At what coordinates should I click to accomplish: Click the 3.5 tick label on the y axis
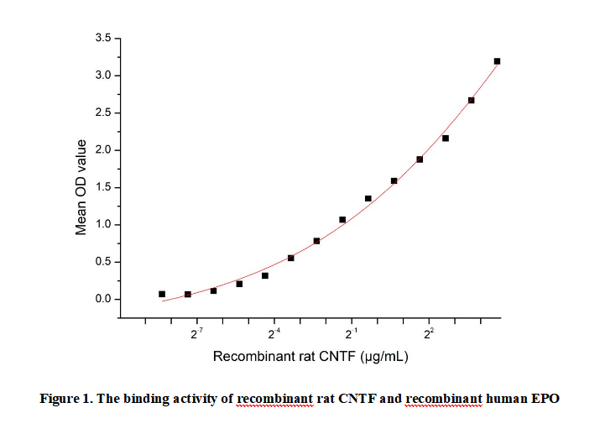pyautogui.click(x=101, y=39)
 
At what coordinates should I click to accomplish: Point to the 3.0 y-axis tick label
pyautogui.click(x=101, y=76)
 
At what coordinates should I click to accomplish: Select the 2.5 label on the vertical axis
pyautogui.click(x=101, y=113)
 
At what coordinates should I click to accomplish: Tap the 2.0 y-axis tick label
pyautogui.click(x=101, y=150)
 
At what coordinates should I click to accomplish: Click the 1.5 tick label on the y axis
pyautogui.click(x=101, y=188)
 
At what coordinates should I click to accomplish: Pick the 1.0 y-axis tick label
pyautogui.click(x=101, y=225)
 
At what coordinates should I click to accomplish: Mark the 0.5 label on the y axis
pyautogui.click(x=101, y=262)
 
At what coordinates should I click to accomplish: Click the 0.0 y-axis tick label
pyautogui.click(x=101, y=300)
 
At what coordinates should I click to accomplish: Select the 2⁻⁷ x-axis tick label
pyautogui.click(x=197, y=335)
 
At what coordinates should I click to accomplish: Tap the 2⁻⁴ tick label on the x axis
pyautogui.click(x=274, y=335)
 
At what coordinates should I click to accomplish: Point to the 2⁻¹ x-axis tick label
pyautogui.click(x=352, y=335)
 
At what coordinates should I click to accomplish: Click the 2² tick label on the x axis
pyautogui.click(x=430, y=335)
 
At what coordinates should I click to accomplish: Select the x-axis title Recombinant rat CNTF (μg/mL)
pyautogui.click(x=310, y=357)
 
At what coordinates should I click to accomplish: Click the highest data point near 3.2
pyautogui.click(x=497, y=61)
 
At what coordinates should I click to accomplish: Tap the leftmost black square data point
pyautogui.click(x=162, y=294)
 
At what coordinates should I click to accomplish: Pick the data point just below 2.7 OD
pyautogui.click(x=472, y=101)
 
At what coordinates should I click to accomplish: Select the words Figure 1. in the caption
pyautogui.click(x=66, y=399)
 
